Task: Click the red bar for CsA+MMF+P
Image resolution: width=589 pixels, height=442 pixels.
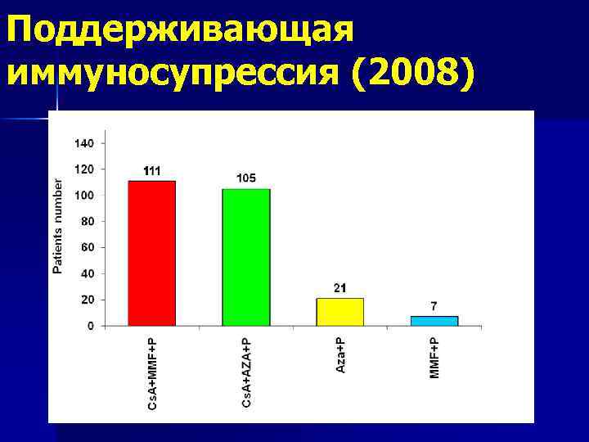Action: (x=151, y=253)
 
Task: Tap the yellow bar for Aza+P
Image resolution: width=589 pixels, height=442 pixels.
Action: (x=339, y=311)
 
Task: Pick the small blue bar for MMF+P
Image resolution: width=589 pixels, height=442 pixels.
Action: (x=434, y=321)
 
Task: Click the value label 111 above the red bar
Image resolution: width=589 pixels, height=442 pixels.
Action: (x=152, y=171)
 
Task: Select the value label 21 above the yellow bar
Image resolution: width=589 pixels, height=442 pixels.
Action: (x=339, y=287)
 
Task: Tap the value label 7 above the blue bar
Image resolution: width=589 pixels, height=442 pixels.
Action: (x=434, y=306)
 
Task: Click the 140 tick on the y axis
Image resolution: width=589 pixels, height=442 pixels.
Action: (x=86, y=142)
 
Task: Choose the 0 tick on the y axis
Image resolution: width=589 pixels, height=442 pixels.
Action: (x=91, y=326)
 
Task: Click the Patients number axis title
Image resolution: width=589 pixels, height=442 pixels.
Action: (x=57, y=226)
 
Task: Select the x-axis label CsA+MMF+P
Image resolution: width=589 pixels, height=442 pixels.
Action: (x=152, y=370)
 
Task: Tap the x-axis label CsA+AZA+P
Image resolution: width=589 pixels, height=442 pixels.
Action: (x=246, y=368)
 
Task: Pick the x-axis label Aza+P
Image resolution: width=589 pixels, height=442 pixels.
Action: (x=340, y=351)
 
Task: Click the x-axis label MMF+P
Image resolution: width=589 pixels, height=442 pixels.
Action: (x=434, y=353)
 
